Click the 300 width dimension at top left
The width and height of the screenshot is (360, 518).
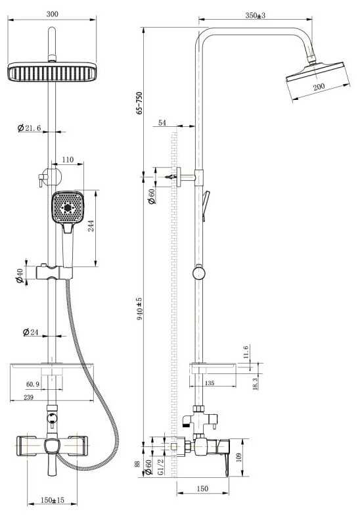click(52, 14)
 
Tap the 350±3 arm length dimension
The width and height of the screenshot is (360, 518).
click(256, 15)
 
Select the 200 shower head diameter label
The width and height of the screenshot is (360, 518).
click(319, 87)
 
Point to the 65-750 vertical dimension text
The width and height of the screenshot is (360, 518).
click(139, 103)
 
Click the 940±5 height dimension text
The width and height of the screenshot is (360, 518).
click(139, 308)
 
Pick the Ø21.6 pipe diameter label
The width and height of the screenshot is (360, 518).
click(30, 128)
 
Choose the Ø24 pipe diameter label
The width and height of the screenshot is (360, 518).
click(31, 332)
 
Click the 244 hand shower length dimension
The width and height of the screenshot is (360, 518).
click(91, 225)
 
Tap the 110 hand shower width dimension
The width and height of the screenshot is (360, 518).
click(68, 160)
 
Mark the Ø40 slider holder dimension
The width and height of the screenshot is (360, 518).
click(20, 276)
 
